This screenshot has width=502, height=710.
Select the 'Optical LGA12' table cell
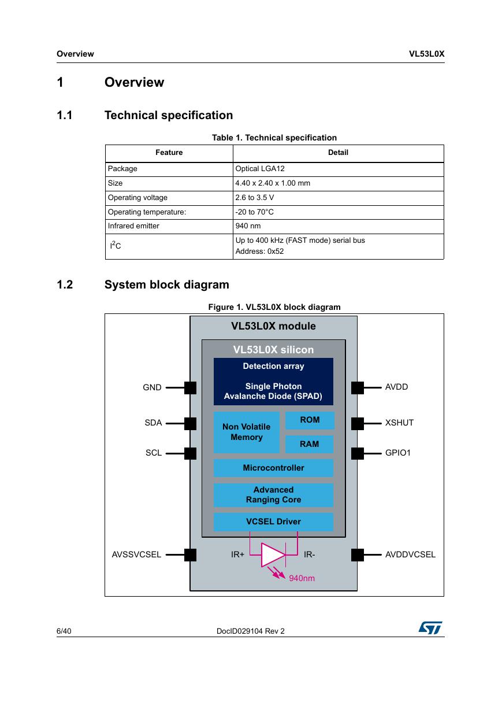pyautogui.click(x=260, y=169)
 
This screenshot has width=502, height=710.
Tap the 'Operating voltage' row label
pyautogui.click(x=137, y=198)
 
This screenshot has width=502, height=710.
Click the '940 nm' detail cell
pyautogui.click(x=248, y=226)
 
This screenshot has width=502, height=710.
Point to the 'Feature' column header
pyautogui.click(x=169, y=153)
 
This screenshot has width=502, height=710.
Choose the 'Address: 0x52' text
pyautogui.click(x=259, y=252)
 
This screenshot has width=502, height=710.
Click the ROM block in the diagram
pyautogui.click(x=310, y=420)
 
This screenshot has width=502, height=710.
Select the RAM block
pyautogui.click(x=310, y=444)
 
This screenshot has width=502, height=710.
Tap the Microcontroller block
pyautogui.click(x=273, y=468)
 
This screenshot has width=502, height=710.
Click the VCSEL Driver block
pyautogui.click(x=273, y=522)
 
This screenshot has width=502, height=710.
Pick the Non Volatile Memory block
pyautogui.click(x=247, y=432)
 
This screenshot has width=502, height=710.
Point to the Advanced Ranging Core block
pyautogui.click(x=273, y=495)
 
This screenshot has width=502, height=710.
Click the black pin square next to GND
pyautogui.click(x=191, y=387)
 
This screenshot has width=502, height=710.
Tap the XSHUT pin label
pyautogui.click(x=399, y=423)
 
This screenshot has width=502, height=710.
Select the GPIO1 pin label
pyautogui.click(x=398, y=453)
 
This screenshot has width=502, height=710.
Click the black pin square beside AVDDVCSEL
pyautogui.click(x=357, y=555)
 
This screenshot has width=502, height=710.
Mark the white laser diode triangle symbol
pyautogui.click(x=273, y=555)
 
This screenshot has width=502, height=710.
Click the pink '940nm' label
pyautogui.click(x=302, y=578)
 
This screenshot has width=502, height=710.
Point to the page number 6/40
pyautogui.click(x=64, y=631)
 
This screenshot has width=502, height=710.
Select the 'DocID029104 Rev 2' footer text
pyautogui.click(x=251, y=631)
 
